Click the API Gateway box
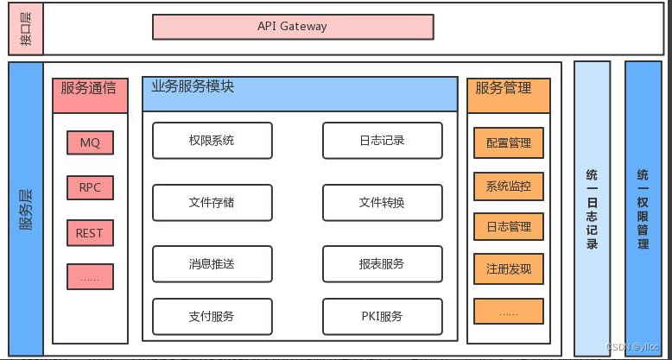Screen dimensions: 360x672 [x=293, y=27]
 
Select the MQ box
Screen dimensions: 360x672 [x=89, y=143]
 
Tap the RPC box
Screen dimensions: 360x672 [x=89, y=187]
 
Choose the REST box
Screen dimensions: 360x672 [x=89, y=232]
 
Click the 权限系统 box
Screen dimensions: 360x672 [x=212, y=141]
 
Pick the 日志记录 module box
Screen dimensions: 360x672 [x=382, y=141]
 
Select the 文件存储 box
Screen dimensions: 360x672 [x=212, y=203]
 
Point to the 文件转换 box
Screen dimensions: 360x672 [x=382, y=203]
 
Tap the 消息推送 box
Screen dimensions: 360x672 [x=212, y=264]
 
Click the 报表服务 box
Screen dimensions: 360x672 [x=382, y=264]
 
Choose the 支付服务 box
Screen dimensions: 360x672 [x=212, y=316]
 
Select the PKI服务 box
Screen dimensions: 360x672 [x=382, y=316]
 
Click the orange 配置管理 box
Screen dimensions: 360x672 [x=509, y=143]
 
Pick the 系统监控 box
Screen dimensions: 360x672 [x=509, y=186]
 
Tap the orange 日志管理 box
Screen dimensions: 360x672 [x=509, y=227]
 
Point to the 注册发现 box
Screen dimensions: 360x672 [x=509, y=269]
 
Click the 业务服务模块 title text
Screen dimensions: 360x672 [x=193, y=87]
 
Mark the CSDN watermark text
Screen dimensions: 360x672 [x=635, y=347]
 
